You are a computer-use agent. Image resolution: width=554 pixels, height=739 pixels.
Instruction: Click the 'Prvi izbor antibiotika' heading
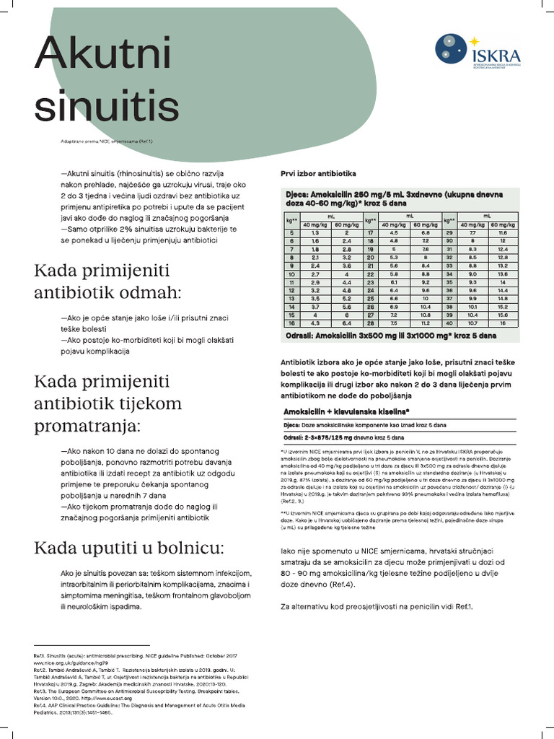(318, 174)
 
